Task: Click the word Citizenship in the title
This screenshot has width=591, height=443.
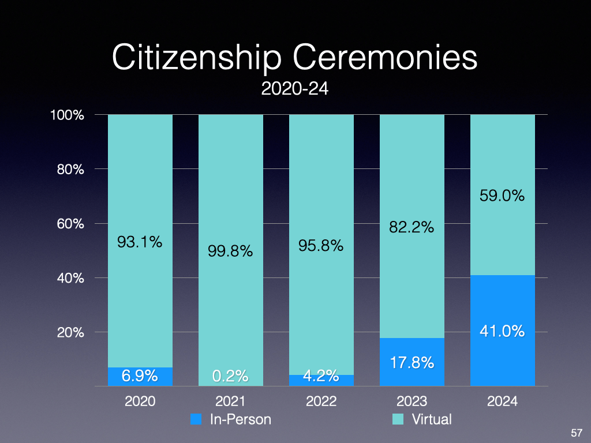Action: click(x=196, y=59)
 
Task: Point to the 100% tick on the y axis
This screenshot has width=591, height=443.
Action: click(x=68, y=115)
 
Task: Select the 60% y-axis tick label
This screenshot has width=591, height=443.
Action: click(x=70, y=224)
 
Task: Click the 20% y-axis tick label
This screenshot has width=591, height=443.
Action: click(x=70, y=333)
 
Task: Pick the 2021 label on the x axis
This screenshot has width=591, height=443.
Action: click(x=230, y=401)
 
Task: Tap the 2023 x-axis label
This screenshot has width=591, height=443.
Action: click(x=412, y=401)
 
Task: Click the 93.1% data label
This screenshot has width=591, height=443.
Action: click(x=140, y=243)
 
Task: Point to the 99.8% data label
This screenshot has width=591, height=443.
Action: click(x=230, y=251)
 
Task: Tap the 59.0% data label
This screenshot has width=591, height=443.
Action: click(x=502, y=196)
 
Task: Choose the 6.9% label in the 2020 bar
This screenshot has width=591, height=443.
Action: click(x=140, y=376)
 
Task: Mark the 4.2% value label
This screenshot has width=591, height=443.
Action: click(x=321, y=376)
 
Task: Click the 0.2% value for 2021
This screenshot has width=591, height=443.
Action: click(x=230, y=377)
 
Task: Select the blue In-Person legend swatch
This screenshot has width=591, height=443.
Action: click(x=196, y=419)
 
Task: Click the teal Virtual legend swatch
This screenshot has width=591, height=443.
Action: click(x=398, y=419)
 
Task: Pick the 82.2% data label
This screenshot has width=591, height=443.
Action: click(x=412, y=228)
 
